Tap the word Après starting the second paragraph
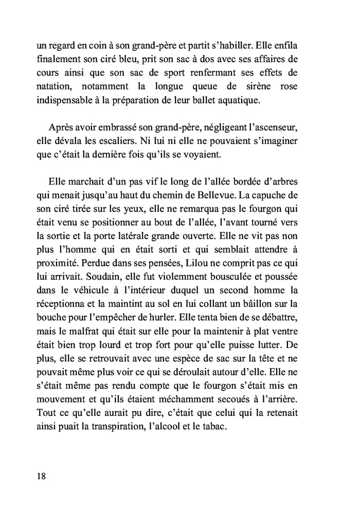[63, 127]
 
